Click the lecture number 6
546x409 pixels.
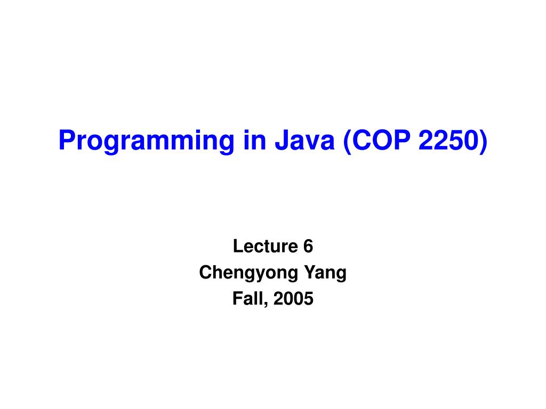(x=308, y=247)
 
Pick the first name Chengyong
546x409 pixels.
(x=249, y=273)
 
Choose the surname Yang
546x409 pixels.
(x=325, y=273)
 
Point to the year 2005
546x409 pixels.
(x=293, y=299)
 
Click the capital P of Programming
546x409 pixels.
(x=65, y=140)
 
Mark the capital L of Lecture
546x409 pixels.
(x=237, y=247)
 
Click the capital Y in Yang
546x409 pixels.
(x=309, y=273)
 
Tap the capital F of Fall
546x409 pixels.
(x=237, y=299)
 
